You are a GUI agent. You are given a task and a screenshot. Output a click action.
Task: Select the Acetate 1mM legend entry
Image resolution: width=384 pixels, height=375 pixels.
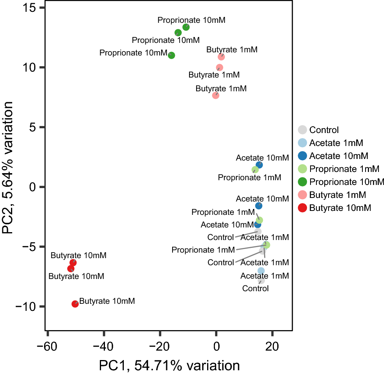coord(336,143)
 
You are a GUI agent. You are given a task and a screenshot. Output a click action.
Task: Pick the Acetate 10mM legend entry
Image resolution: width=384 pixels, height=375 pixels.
coord(338,156)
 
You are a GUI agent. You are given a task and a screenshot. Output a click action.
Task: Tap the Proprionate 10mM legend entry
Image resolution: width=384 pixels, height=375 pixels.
coord(346,182)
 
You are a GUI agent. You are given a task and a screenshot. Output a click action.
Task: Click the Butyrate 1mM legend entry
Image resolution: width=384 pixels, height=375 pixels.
coord(337,195)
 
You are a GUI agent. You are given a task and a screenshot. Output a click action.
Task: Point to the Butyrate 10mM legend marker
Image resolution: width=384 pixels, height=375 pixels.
coord(302,208)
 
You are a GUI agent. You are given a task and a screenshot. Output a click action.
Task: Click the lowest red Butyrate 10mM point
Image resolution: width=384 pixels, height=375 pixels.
coord(75,304)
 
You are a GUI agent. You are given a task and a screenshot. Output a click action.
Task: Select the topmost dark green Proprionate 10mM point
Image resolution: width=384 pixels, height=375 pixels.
coord(186,27)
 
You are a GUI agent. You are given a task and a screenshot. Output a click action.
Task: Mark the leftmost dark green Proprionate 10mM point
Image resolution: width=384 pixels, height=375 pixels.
coord(171,55)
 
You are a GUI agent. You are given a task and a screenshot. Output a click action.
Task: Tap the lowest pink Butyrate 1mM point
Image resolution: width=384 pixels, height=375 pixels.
coord(215,95)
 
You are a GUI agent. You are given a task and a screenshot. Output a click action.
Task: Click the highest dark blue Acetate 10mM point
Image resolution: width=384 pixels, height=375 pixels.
coord(259,165)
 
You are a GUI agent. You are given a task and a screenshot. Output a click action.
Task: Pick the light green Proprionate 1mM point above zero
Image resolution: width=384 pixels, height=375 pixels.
coord(255,170)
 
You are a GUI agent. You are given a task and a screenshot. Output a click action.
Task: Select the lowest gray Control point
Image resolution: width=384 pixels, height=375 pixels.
coord(261,280)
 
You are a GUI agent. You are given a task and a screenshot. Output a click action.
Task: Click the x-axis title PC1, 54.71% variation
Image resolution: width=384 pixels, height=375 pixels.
coord(169,366)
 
